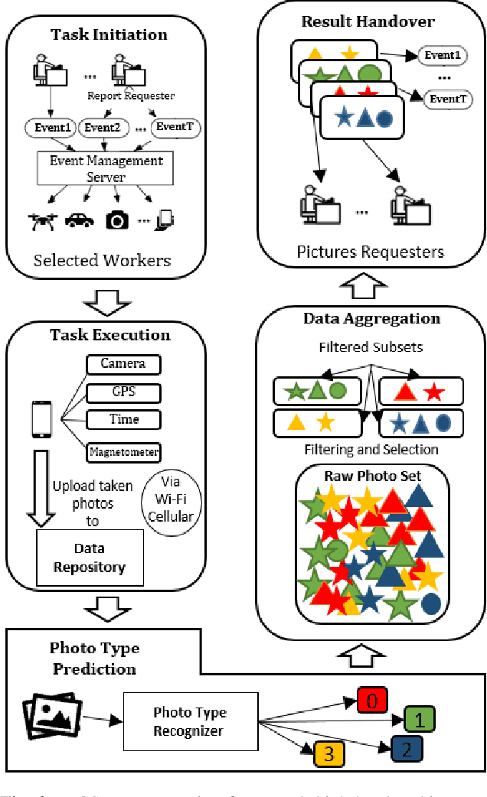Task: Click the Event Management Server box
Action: tap(106, 168)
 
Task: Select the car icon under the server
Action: tap(80, 220)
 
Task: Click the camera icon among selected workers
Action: tap(117, 220)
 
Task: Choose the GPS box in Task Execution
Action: tap(123, 393)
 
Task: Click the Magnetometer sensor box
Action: tap(123, 451)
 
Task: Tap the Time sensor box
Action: tap(123, 419)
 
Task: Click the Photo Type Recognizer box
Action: tap(189, 721)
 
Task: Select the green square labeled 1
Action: tap(420, 718)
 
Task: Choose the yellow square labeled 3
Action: tap(328, 753)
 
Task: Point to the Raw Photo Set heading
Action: tap(373, 476)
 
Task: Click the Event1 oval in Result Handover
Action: tap(442, 55)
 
